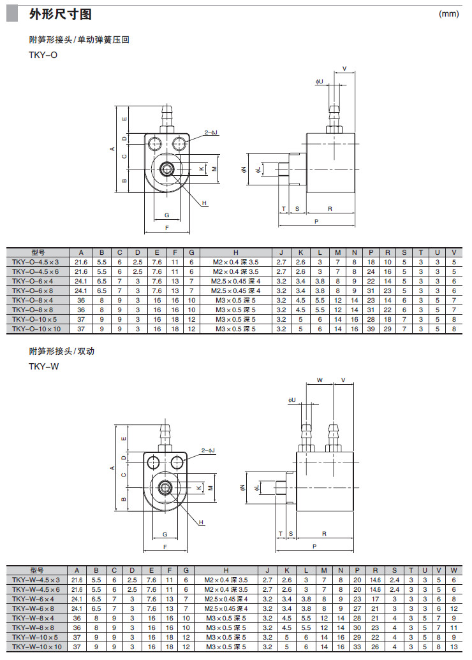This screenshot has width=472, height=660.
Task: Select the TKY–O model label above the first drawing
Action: click(x=43, y=55)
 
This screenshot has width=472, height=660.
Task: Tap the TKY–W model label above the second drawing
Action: click(x=43, y=366)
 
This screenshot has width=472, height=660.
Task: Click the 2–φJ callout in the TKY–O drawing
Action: click(x=211, y=133)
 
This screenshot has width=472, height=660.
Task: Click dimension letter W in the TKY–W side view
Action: click(x=320, y=380)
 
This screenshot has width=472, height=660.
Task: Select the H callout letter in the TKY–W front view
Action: click(x=201, y=522)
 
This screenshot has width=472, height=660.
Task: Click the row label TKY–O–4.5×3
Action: click(x=36, y=262)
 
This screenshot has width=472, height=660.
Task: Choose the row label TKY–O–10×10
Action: click(x=36, y=329)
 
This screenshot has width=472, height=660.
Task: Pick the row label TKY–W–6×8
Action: click(x=36, y=608)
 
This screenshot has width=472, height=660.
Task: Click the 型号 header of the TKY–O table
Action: click(x=38, y=252)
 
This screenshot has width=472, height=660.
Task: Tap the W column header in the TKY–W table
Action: click(x=454, y=570)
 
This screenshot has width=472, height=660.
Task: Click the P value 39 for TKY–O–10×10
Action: click(x=371, y=329)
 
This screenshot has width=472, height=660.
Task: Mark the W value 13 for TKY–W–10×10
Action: click(x=454, y=647)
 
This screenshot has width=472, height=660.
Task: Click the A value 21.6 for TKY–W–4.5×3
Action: click(x=77, y=580)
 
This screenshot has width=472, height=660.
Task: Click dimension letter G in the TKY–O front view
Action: click(x=166, y=215)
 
